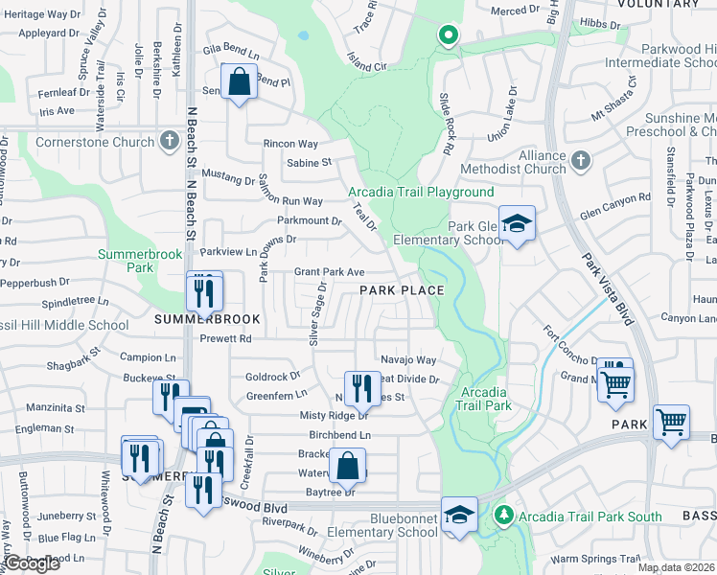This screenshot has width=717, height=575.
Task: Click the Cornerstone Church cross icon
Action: point(169,143)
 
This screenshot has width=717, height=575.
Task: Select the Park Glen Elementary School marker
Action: point(517,226)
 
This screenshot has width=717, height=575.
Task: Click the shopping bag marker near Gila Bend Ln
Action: point(239,81)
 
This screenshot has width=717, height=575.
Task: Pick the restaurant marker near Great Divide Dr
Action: point(361,387)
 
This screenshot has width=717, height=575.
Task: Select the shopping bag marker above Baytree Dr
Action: point(347,467)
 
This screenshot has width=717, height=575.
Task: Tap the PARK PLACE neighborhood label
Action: point(402,289)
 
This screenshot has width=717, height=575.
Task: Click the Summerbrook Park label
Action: point(127,261)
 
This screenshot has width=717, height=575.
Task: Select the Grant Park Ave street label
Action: point(329,272)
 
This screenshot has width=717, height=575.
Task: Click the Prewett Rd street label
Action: point(225,338)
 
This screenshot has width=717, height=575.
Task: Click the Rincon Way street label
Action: point(289,144)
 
